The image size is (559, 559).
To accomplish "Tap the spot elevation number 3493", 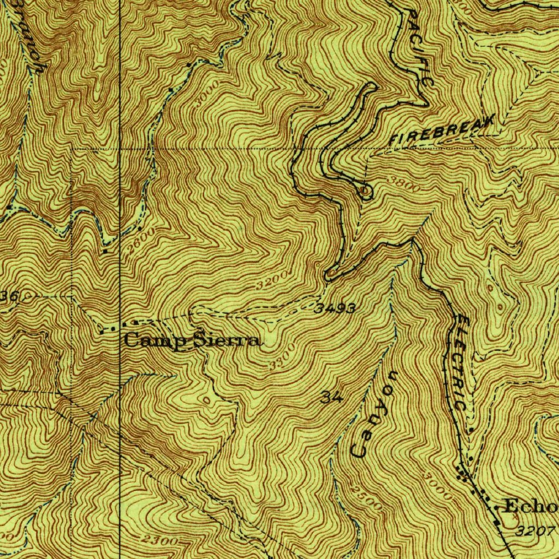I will [335, 309].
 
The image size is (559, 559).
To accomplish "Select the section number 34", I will [331, 397].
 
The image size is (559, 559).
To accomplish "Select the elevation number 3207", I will [537, 530].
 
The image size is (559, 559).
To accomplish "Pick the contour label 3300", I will [283, 356].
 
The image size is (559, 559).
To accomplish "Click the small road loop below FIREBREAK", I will [365, 191].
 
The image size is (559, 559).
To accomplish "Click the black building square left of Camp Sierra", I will [105, 251].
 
